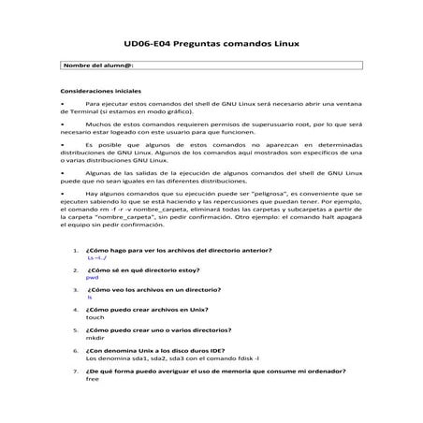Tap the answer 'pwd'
(92, 277)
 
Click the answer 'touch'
(95, 316)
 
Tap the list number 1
(74, 249)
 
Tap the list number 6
(74, 349)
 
